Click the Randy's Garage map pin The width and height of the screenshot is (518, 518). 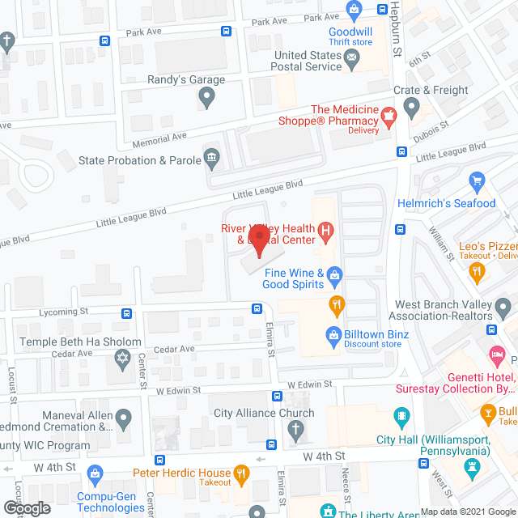pos(206,98)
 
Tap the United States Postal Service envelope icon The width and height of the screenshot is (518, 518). pos(352,57)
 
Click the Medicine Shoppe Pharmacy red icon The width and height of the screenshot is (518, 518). pos(388,117)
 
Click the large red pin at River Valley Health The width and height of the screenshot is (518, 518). pos(258,240)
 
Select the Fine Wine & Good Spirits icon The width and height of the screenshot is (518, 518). pos(334,278)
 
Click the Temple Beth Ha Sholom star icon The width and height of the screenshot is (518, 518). pos(124,359)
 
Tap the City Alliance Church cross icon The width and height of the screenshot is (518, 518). pos(297,429)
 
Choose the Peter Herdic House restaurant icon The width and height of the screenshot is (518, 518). pos(241,473)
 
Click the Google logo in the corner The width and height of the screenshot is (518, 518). pos(27,507)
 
